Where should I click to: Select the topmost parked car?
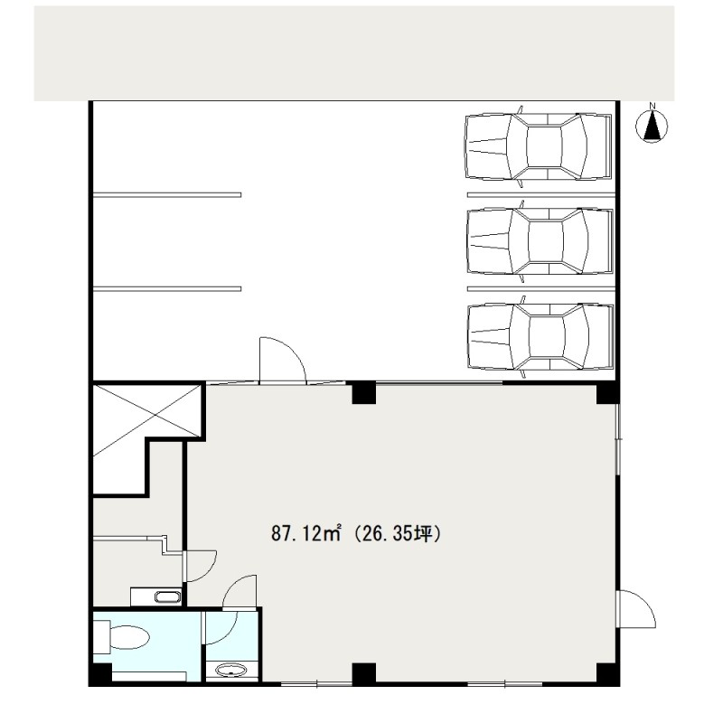[539, 146]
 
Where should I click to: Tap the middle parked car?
[540, 241]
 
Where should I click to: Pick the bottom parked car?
[540, 336]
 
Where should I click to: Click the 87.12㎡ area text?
[305, 534]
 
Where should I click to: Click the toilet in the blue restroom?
[122, 637]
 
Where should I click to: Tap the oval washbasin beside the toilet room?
[230, 670]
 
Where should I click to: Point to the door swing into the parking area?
[283, 360]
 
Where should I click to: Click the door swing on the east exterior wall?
[637, 608]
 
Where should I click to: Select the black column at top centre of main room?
[364, 392]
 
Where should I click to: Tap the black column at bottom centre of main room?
[364, 673]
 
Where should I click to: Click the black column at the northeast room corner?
[607, 393]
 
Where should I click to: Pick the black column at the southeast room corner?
[607, 673]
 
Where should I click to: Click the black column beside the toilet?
[101, 674]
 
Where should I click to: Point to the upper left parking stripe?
[167, 195]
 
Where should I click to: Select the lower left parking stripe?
[167, 289]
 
